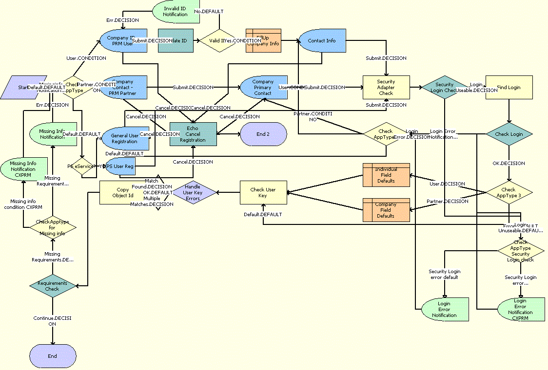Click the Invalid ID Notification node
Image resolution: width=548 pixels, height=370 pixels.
(176, 11)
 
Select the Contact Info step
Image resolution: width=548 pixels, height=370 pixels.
(322, 40)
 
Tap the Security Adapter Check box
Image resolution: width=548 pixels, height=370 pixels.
(386, 88)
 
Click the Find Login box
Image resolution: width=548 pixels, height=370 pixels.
(509, 88)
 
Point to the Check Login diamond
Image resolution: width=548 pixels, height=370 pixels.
(509, 134)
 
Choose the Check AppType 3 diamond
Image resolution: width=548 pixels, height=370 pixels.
(509, 193)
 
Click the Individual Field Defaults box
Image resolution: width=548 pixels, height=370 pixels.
(386, 175)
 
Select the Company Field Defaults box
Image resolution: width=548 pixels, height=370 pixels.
(386, 210)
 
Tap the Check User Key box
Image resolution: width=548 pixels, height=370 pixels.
(263, 193)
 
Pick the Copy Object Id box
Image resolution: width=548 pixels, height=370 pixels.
(123, 192)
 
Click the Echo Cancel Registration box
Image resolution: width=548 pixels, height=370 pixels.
(193, 134)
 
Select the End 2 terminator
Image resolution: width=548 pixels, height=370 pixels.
(263, 134)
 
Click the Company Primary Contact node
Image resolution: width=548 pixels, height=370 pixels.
(263, 88)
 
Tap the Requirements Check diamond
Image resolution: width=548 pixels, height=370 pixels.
(52, 286)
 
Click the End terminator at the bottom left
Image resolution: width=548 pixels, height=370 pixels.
(52, 356)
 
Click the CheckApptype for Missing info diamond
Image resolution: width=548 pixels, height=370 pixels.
(53, 227)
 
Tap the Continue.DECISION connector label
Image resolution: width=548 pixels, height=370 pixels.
(52, 321)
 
